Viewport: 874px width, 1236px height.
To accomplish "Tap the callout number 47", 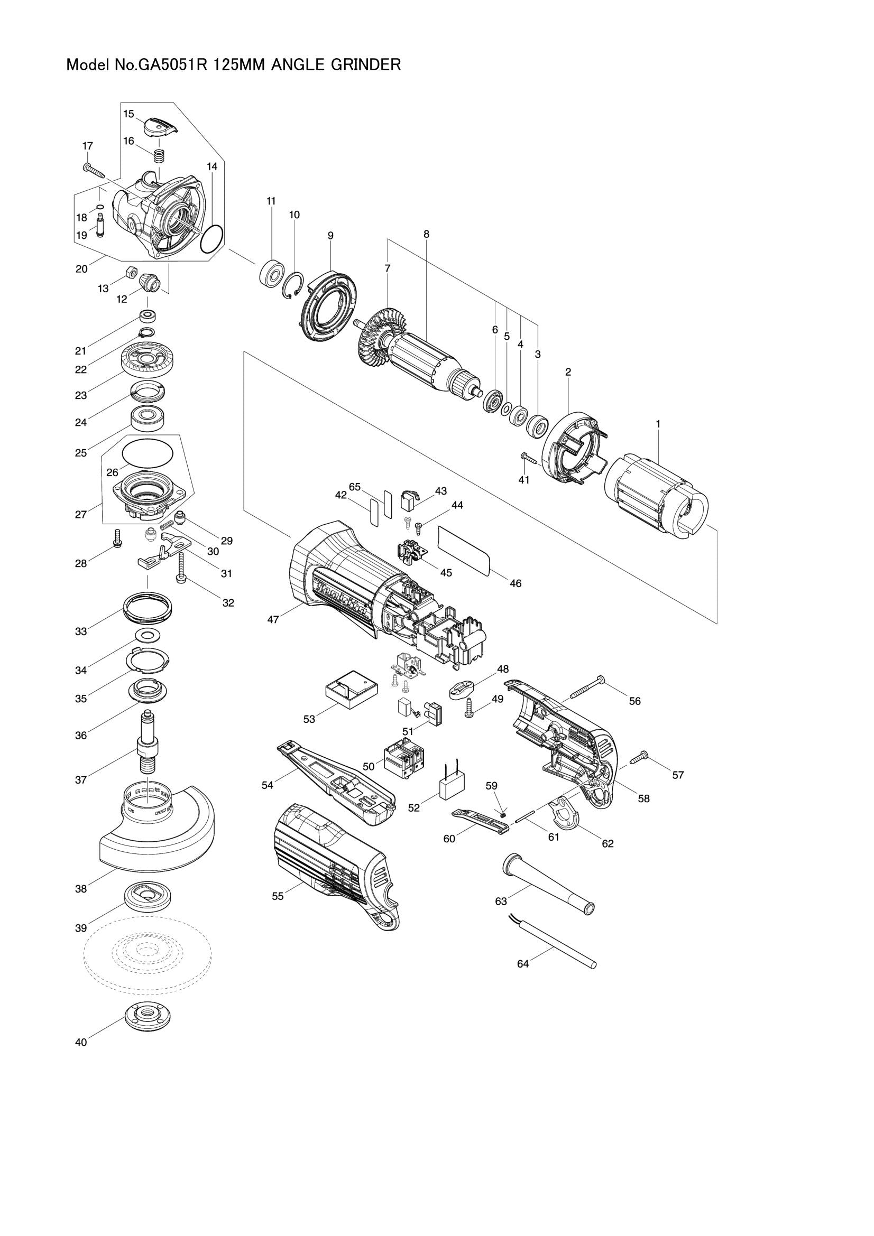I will click(x=273, y=620).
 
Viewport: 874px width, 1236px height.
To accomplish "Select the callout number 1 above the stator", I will click(x=658, y=424).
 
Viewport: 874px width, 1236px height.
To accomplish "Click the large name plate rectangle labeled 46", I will click(x=464, y=551).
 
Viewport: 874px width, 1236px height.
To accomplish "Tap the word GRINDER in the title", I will click(x=369, y=65).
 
